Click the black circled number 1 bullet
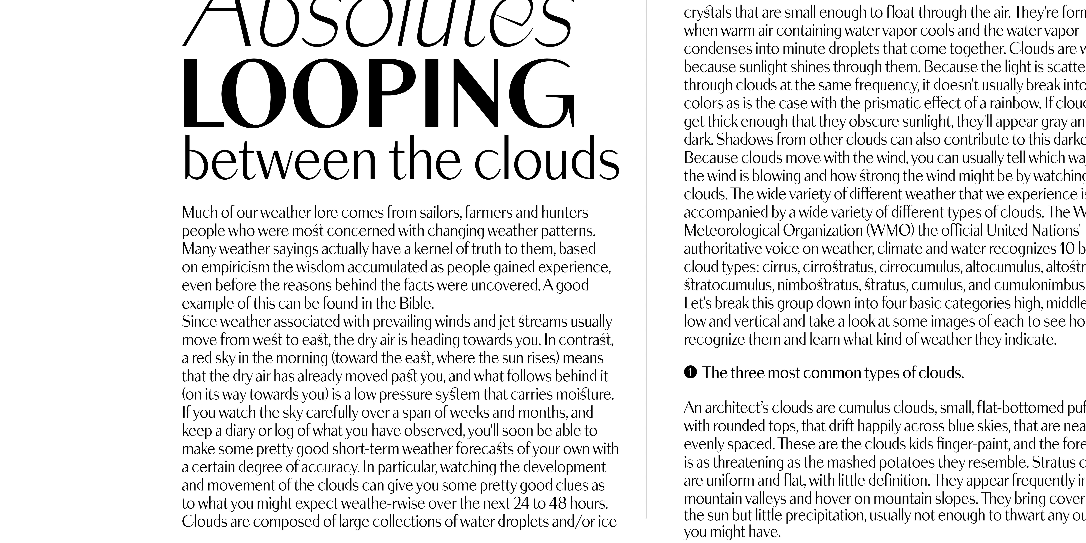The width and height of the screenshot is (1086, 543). [x=690, y=373]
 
